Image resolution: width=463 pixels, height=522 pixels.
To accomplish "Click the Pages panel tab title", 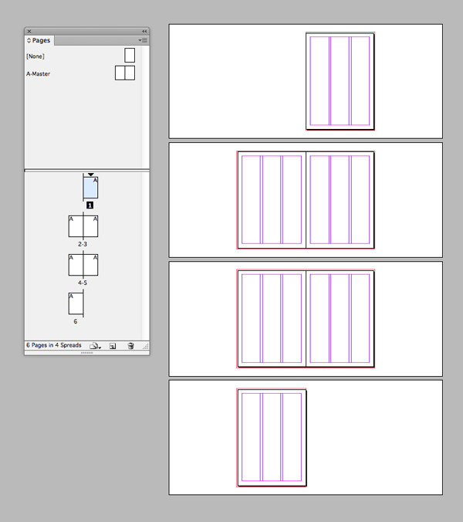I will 41,40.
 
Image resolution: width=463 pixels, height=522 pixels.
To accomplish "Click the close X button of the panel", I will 29,31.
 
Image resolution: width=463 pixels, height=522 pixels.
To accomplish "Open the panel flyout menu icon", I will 143,39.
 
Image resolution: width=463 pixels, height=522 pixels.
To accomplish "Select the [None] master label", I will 35,56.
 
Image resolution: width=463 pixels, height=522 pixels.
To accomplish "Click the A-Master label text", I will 38,74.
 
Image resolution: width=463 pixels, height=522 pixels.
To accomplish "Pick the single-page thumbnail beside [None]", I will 130,55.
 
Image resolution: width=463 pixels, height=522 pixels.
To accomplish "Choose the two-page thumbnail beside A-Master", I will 125,73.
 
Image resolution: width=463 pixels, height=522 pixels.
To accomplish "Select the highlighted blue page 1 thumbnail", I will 91,188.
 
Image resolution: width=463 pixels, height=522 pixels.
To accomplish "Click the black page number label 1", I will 90,205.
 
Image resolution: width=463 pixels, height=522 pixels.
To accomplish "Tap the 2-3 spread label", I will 83,243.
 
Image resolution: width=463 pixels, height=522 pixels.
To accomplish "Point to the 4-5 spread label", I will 83,283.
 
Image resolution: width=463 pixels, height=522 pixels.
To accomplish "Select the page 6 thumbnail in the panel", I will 76,303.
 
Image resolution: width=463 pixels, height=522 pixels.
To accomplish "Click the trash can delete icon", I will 131,346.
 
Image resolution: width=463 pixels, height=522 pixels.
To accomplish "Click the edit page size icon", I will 94,346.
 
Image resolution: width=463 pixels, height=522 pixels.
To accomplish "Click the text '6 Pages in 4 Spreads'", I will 54,345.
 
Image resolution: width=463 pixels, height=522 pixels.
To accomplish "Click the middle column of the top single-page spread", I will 340,80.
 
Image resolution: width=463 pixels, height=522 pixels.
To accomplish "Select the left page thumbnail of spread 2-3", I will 76,226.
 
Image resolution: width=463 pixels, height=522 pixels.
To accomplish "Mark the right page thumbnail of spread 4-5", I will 90,265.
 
